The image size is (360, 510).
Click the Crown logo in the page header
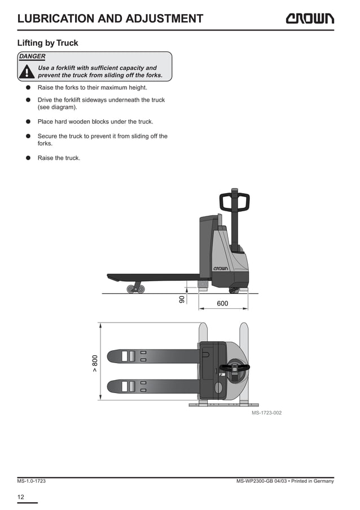pyautogui.click(x=309, y=18)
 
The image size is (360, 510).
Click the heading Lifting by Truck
pyautogui.click(x=47, y=43)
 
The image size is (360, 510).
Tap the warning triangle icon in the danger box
pyautogui.click(x=26, y=72)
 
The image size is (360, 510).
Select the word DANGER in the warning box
pyautogui.click(x=32, y=56)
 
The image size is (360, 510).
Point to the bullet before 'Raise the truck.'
pyautogui.click(x=27, y=158)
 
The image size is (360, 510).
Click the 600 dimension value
pyautogui.click(x=222, y=304)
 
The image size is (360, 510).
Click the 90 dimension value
pyautogui.click(x=182, y=299)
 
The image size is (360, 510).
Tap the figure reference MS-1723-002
pyautogui.click(x=266, y=413)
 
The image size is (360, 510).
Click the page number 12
pyautogui.click(x=20, y=496)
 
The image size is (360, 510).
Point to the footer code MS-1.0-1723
pyautogui.click(x=31, y=481)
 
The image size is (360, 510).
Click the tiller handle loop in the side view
pyautogui.click(x=234, y=201)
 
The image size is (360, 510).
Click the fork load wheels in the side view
pyautogui.click(x=135, y=289)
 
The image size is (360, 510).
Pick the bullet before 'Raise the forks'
pyautogui.click(x=27, y=88)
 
